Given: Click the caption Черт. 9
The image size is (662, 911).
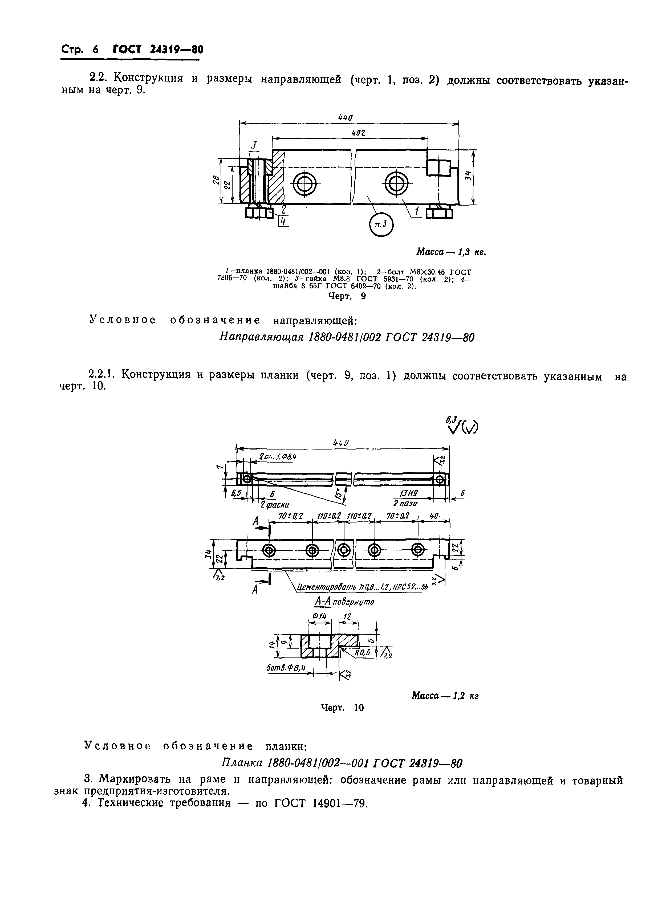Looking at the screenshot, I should [347, 296].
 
